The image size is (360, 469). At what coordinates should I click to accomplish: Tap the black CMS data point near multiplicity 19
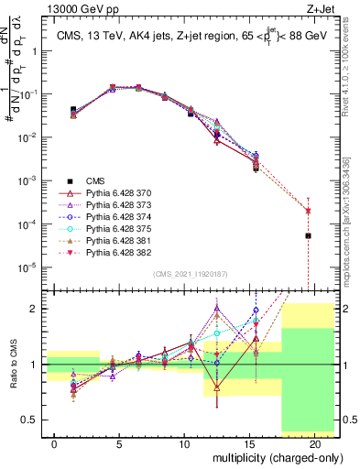(x=308, y=235)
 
